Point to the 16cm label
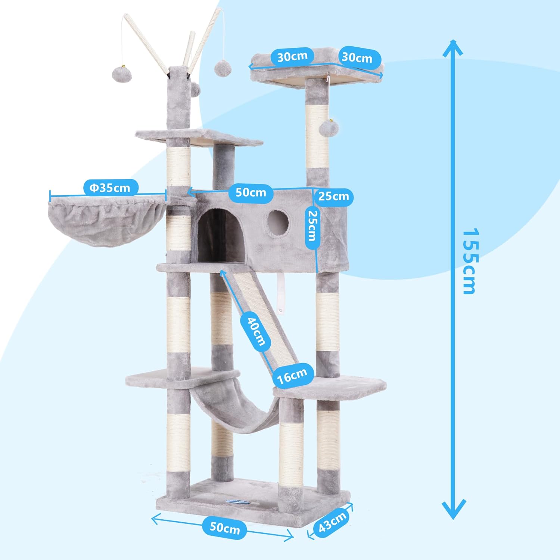pos(292,375)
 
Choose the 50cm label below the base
pos(224,528)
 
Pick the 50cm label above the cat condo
pos(251,193)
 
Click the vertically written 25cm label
pos(312,226)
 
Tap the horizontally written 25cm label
pos(333,196)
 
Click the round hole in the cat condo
pos(278,223)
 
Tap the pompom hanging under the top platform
pos(329,128)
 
